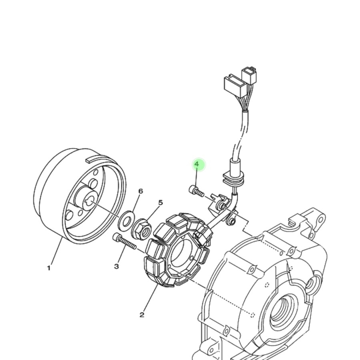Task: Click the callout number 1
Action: (x=49, y=268)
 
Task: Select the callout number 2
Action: (x=142, y=315)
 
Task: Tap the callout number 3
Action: (x=116, y=266)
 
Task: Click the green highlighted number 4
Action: (x=197, y=164)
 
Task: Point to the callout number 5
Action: (x=160, y=202)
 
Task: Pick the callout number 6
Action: (x=140, y=191)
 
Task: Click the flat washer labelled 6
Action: (x=126, y=221)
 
